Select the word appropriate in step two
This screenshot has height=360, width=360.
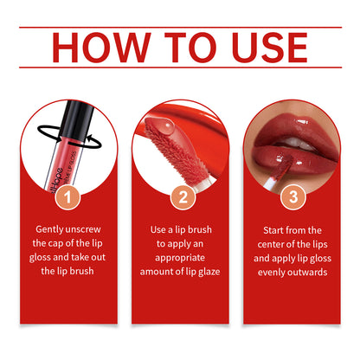coord(180,257)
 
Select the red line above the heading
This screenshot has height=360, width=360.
coord(180,27)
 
